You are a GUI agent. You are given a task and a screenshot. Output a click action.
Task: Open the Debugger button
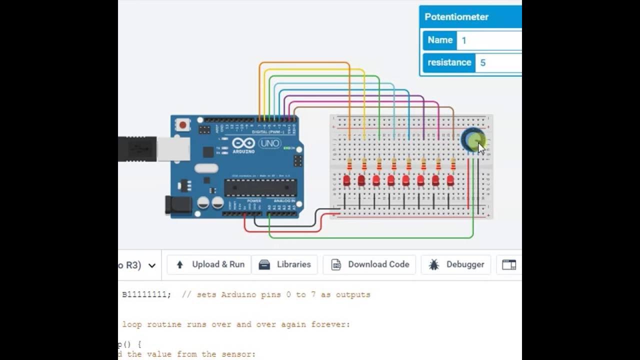pos(456,264)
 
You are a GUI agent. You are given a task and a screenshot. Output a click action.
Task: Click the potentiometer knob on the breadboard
pos(472,140)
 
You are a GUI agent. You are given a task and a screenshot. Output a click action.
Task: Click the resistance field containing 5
pos(497,63)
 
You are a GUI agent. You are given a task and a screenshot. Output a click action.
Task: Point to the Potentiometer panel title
pos(456,17)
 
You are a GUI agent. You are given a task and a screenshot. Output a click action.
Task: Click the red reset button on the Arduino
pos(183,125)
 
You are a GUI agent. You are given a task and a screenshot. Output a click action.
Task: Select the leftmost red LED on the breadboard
pos(346,180)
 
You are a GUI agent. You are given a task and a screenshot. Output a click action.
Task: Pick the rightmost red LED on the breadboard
pos(450,180)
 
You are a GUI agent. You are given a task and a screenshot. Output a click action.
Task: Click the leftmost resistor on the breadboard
pos(349,164)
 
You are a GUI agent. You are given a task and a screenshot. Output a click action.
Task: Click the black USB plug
pos(137,149)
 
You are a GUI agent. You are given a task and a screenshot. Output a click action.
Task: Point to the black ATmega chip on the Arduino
pos(260,187)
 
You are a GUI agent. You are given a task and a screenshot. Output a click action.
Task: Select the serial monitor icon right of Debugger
pos(508,264)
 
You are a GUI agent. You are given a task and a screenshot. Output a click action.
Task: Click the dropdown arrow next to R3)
pos(152,265)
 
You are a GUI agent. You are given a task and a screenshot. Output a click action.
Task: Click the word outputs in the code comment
pos(353,294)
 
